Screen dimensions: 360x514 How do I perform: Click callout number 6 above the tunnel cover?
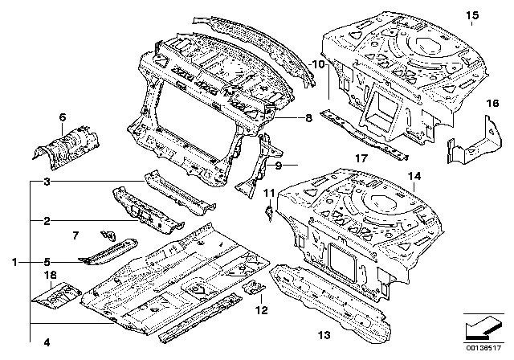(62, 117)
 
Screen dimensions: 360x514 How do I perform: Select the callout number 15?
(472, 15)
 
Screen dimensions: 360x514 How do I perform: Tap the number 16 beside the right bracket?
(492, 103)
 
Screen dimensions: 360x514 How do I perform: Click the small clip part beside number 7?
(104, 235)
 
